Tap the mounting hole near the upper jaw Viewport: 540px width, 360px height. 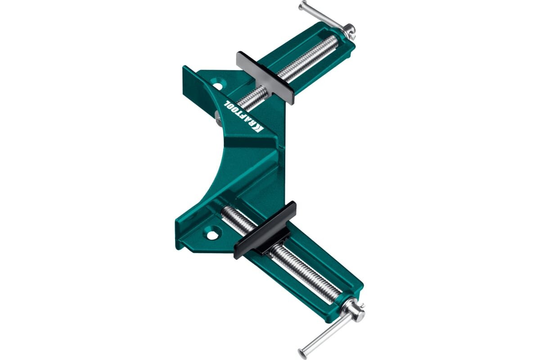coord(218,85)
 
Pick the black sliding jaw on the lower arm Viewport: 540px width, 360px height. coord(265,230)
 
